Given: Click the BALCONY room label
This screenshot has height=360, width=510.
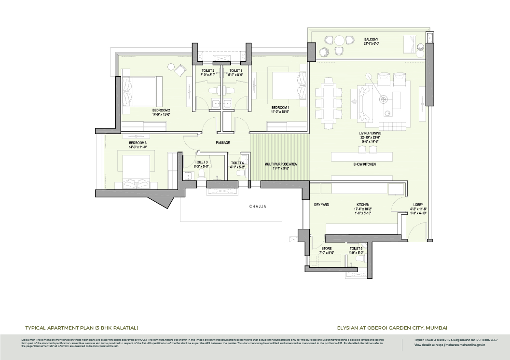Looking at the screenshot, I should point(371,39).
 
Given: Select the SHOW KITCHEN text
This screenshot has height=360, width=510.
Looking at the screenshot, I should point(364,165).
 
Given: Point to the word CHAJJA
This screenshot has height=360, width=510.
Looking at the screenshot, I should point(258,207).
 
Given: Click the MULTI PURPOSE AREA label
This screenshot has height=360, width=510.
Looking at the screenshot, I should point(280,164).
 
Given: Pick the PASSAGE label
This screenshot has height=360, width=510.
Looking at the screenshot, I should point(222,143).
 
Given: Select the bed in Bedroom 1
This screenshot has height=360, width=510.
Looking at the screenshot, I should point(289,86).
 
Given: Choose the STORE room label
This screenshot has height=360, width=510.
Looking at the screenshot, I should point(326,249).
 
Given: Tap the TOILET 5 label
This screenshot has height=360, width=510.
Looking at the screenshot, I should point(356,249).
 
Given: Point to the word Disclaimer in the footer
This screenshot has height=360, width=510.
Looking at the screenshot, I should point(28,340).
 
